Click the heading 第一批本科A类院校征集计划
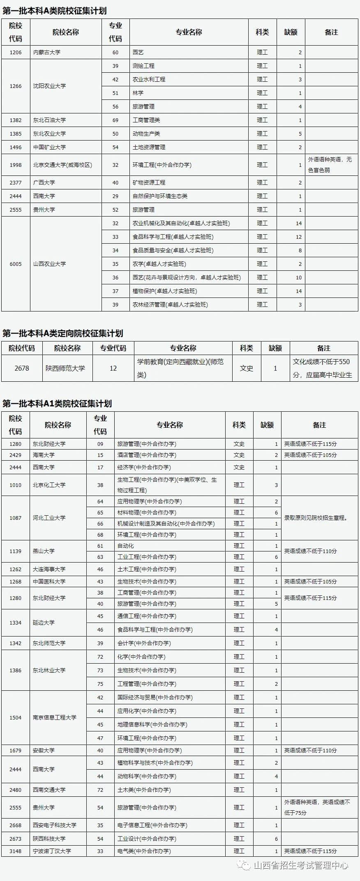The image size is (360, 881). [x=55, y=11]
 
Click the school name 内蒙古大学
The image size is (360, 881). [x=47, y=52]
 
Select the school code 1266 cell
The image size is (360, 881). [x=16, y=86]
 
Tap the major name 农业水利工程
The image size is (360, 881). [x=149, y=79]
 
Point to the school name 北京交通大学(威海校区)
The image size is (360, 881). [x=62, y=165]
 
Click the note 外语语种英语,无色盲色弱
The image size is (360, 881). [x=330, y=164]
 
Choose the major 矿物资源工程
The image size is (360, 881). [x=149, y=182]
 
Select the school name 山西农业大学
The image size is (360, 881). [x=49, y=264]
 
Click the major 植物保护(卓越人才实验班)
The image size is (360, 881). [x=165, y=291]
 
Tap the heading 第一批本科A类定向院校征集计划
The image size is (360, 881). [x=63, y=333]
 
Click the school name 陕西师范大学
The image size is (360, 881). [x=65, y=368]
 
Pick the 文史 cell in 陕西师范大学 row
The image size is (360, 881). [x=247, y=368]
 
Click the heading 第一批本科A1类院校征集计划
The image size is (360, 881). [x=57, y=404]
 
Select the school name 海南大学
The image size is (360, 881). [x=44, y=455]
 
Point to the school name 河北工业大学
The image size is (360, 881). [x=49, y=518]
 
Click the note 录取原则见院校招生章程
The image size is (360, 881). [x=316, y=518]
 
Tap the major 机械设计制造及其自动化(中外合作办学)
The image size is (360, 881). [x=166, y=524]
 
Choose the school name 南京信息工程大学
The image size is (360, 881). [x=55, y=717]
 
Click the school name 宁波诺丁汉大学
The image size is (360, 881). [x=52, y=851]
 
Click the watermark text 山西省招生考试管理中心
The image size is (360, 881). [x=301, y=866]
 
